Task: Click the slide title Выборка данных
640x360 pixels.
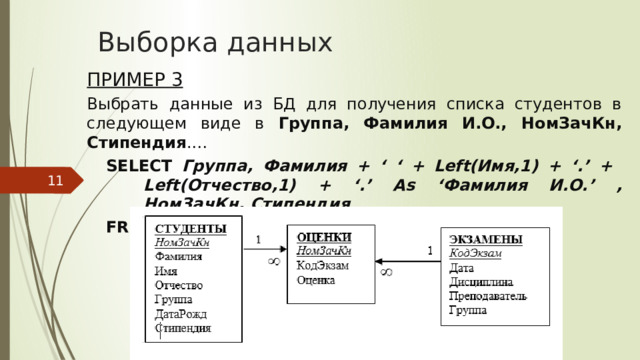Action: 215,42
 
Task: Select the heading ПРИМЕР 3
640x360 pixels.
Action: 135,80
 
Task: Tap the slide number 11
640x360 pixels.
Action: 56,180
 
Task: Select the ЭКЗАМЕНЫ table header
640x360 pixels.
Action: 485,239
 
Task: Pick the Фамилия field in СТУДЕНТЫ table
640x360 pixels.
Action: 178,256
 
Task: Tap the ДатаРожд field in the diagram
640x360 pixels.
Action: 182,313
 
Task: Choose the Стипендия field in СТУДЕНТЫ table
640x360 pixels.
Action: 183,327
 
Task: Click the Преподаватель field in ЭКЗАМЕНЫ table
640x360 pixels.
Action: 489,296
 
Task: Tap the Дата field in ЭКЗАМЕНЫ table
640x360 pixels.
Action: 462,268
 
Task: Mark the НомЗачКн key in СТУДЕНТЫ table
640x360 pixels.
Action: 181,241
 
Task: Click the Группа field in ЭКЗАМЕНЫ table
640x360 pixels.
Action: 468,310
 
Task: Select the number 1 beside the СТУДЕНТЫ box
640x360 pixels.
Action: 259,240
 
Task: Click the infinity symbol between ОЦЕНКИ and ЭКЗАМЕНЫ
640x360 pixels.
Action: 387,270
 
